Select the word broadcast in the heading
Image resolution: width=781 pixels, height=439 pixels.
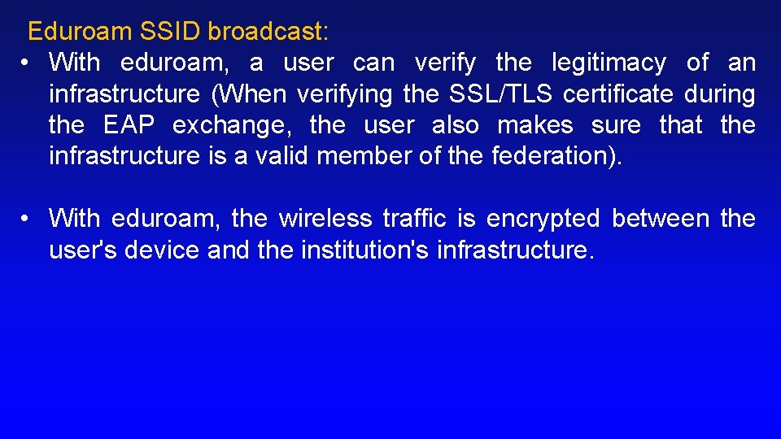[x=266, y=32]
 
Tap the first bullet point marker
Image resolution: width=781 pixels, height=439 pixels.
[x=27, y=63]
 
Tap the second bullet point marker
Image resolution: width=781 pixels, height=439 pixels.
[x=27, y=219]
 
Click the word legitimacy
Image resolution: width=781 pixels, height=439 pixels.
[x=609, y=63]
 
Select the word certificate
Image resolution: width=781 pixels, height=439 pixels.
[x=618, y=94]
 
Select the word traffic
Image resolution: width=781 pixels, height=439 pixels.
[x=414, y=219]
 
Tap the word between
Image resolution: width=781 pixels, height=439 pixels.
[x=661, y=219]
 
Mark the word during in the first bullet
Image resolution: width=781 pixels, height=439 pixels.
[x=720, y=94]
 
